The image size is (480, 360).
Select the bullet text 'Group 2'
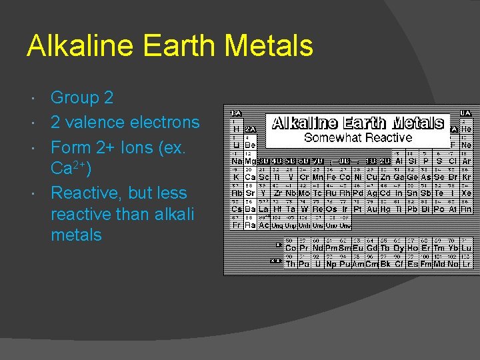[82, 98]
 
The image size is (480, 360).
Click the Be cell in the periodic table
[250, 144]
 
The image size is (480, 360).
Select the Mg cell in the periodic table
[250, 161]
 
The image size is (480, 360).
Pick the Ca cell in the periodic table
[250, 177]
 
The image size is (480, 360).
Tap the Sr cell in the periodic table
[250, 193]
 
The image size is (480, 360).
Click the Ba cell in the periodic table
[250, 209]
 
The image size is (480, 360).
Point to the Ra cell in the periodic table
[250, 225]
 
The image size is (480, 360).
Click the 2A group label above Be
[250, 129]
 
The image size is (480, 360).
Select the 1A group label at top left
[236, 113]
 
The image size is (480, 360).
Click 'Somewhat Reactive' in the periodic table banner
[358, 137]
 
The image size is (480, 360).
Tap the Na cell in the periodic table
[237, 161]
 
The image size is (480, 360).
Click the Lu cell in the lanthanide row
[467, 247]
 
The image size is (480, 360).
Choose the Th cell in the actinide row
[291, 263]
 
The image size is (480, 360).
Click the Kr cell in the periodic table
[467, 177]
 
